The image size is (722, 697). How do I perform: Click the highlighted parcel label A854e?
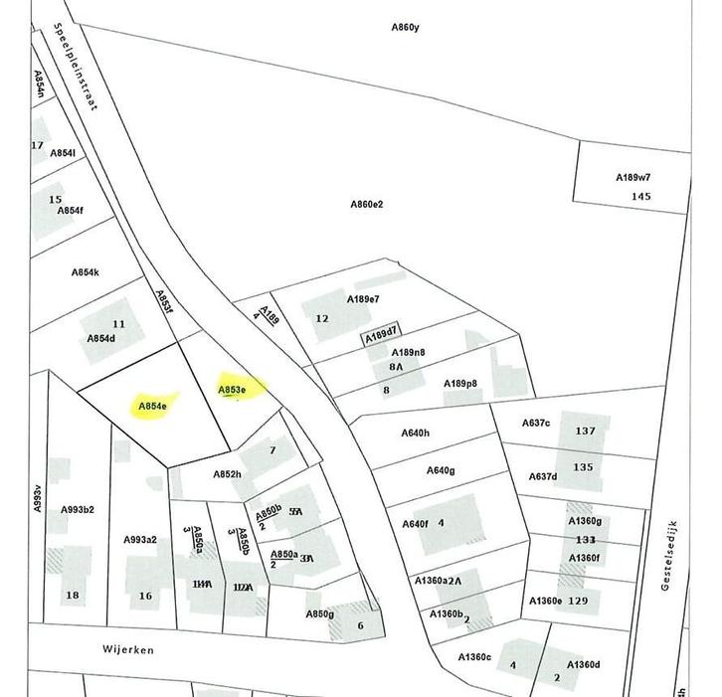(x=152, y=406)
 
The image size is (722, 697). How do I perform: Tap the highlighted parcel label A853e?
(x=232, y=390)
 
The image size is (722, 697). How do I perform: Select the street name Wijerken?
(x=127, y=647)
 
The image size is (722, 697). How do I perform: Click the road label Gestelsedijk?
(x=669, y=556)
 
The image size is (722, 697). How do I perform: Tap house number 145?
(x=641, y=197)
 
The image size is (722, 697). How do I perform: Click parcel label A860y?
(x=405, y=27)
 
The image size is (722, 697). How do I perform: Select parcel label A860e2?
(x=366, y=205)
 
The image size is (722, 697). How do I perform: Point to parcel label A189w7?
(x=632, y=178)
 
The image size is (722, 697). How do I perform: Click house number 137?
(x=585, y=432)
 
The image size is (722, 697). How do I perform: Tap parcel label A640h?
(x=415, y=433)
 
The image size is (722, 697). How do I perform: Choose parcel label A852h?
(x=227, y=474)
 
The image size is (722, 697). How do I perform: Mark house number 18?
(x=72, y=596)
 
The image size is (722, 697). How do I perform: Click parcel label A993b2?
(x=78, y=510)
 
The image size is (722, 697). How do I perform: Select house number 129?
(x=578, y=601)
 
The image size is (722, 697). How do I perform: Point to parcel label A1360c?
(x=474, y=657)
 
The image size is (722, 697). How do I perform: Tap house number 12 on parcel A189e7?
(x=321, y=318)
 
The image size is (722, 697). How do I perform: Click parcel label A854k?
(x=86, y=272)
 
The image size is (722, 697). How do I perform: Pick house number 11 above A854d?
(x=119, y=324)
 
